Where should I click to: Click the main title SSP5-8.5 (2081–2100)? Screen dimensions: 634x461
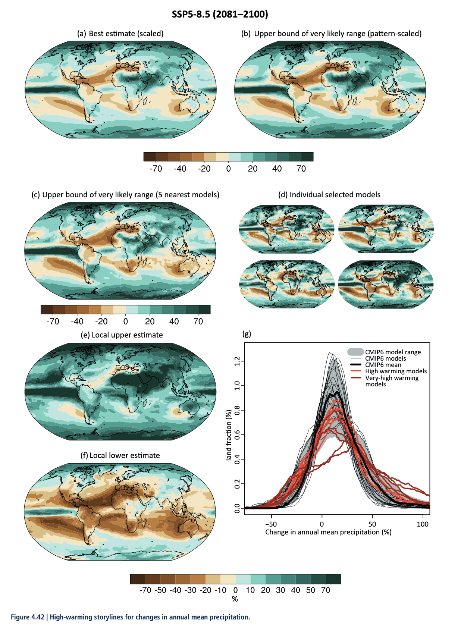(220, 15)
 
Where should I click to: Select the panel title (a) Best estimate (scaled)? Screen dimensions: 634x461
(120, 34)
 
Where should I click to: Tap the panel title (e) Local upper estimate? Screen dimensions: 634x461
(122, 335)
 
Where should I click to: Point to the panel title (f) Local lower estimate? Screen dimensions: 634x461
(120, 455)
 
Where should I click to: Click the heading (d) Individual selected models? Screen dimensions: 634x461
(329, 195)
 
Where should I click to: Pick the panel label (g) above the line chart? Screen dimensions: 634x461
(247, 334)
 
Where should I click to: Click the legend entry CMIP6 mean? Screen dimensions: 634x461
(383, 365)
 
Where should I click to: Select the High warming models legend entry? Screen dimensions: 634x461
(396, 371)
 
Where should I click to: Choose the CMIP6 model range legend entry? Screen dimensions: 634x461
(393, 352)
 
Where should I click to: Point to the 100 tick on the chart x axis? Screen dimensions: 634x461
(423, 524)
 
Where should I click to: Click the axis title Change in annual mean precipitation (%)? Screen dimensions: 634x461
(328, 532)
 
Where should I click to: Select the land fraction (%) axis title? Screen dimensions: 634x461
(229, 435)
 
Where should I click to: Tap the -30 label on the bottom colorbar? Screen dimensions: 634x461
(190, 590)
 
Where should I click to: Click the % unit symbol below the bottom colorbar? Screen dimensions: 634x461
(235, 599)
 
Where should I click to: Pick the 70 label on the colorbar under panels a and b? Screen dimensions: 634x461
(301, 169)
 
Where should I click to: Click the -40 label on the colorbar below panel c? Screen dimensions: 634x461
(77, 321)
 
